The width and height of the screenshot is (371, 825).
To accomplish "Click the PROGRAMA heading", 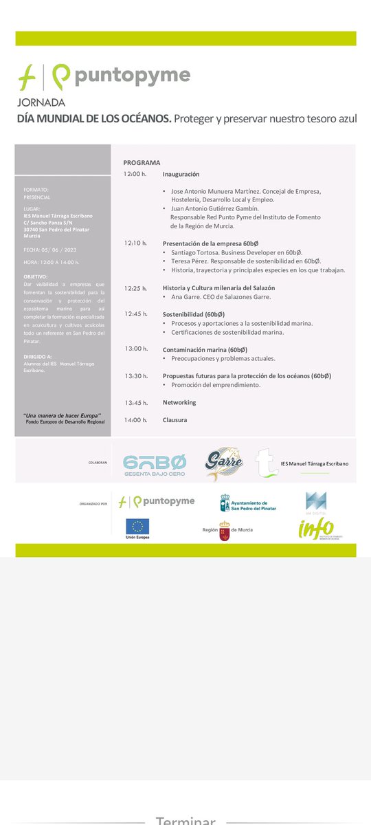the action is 142,163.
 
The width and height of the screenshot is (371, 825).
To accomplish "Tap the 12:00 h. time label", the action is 135,174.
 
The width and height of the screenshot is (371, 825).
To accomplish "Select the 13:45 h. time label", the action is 135,402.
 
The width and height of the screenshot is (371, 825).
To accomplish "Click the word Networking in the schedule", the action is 179,402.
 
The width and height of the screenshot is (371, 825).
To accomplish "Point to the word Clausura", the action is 175,420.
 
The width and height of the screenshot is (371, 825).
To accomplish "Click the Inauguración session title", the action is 181,175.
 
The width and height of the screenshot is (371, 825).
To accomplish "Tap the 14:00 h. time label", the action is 135,420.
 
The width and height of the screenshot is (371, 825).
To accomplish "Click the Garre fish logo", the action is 224,464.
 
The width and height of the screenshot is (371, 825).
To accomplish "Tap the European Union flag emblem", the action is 137,527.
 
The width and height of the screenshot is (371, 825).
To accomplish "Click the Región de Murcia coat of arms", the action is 224,531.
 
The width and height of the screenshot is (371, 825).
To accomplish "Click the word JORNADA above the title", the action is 41,102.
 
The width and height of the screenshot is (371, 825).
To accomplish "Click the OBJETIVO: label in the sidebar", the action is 36,276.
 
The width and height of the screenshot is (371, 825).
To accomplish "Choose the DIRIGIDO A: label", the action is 38,356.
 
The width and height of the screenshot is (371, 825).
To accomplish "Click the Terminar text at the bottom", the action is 185,820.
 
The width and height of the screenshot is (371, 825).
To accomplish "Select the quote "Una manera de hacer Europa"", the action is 63,415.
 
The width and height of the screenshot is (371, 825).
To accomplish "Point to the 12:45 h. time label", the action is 135,314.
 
